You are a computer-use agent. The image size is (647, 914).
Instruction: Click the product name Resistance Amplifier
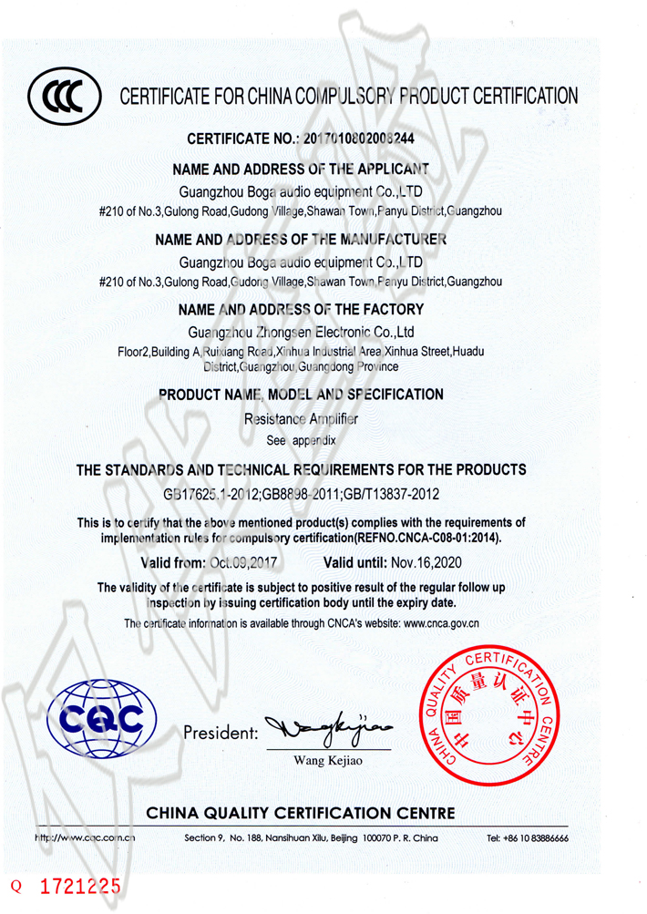tap(302, 419)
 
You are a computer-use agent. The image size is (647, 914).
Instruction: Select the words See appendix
tap(302, 439)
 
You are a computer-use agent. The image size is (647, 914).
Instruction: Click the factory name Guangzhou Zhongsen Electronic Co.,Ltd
tap(301, 332)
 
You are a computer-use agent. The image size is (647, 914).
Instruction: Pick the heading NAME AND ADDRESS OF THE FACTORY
tap(301, 310)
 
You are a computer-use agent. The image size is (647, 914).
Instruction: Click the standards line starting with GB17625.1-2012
tap(302, 494)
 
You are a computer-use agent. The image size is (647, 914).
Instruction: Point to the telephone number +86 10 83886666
tap(528, 837)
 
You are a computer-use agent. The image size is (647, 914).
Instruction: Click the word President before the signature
tap(221, 732)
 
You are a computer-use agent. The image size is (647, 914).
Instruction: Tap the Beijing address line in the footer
tap(311, 837)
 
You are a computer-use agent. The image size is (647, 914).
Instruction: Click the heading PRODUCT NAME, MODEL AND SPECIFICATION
tap(301, 395)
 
